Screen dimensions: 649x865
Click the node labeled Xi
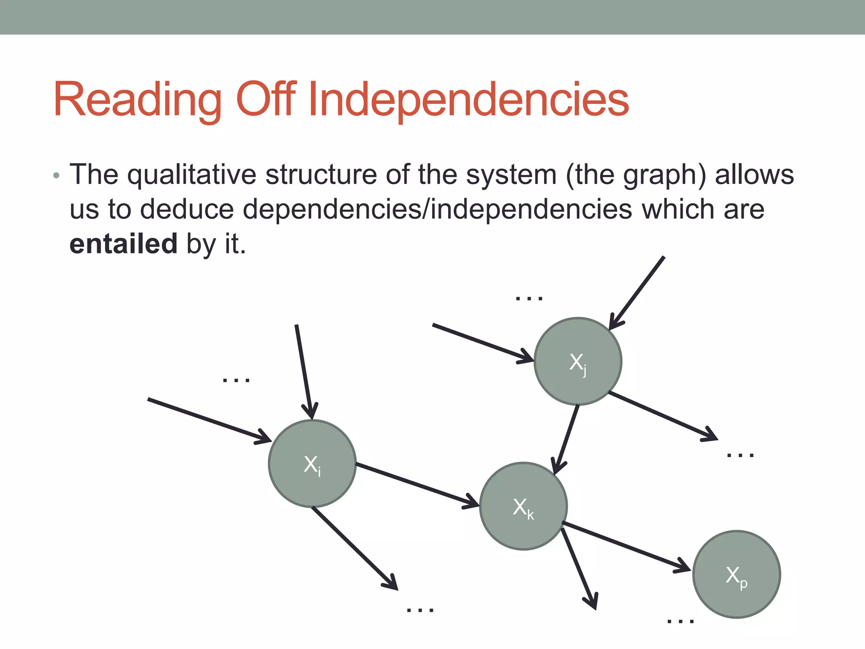pyautogui.click(x=312, y=464)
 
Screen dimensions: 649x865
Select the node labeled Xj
pyautogui.click(x=578, y=361)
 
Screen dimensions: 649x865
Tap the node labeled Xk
pyautogui.click(x=523, y=506)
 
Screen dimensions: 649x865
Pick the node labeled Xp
pyautogui.click(x=737, y=574)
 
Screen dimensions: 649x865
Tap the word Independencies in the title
pyautogui.click(x=469, y=100)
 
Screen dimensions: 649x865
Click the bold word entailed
pyautogui.click(x=123, y=244)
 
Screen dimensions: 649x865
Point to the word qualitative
pyautogui.click(x=192, y=175)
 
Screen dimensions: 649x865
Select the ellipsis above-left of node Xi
pyautogui.click(x=236, y=380)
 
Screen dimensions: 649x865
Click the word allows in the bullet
pyautogui.click(x=754, y=175)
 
